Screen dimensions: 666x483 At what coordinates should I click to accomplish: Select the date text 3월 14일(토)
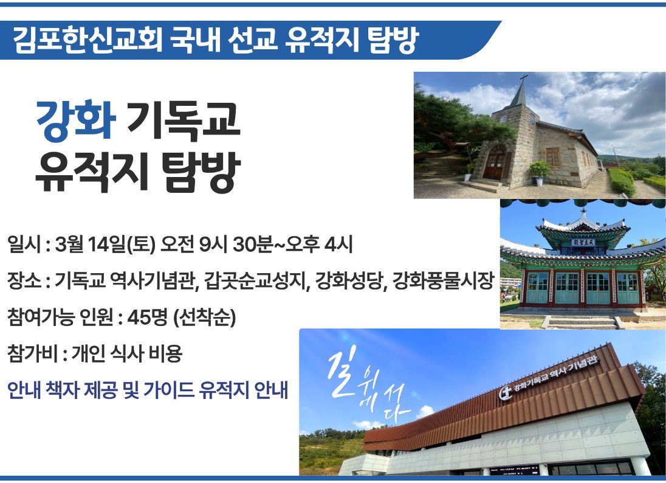(105, 245)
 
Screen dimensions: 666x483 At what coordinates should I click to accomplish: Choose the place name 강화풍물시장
(444, 280)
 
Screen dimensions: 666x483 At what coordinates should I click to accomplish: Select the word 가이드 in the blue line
(168, 390)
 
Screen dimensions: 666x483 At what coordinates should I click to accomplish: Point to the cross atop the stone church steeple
(524, 80)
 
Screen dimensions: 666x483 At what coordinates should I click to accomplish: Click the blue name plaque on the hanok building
(583, 242)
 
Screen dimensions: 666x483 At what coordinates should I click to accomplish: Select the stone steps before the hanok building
(583, 322)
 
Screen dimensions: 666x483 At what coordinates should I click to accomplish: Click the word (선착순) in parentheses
(205, 317)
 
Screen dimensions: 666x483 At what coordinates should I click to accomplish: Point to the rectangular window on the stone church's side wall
(552, 158)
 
